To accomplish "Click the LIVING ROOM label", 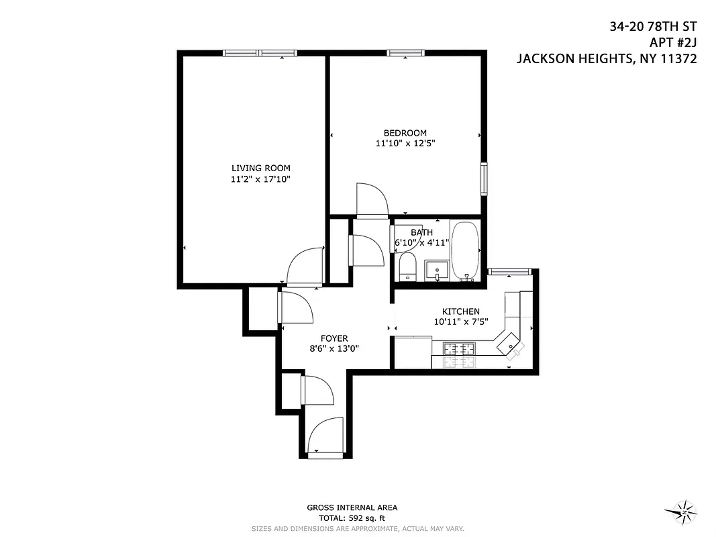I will (x=260, y=168).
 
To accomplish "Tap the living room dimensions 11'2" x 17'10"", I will (x=260, y=179).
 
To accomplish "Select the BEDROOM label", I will (x=405, y=133).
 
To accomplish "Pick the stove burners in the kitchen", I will (x=459, y=348).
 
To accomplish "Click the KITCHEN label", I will (x=460, y=311).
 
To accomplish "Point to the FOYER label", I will (x=334, y=338).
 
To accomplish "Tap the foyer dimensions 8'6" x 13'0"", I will (x=334, y=349).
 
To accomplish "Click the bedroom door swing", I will (x=372, y=200).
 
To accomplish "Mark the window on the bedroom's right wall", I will (x=484, y=179).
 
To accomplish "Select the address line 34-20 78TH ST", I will (x=653, y=27).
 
